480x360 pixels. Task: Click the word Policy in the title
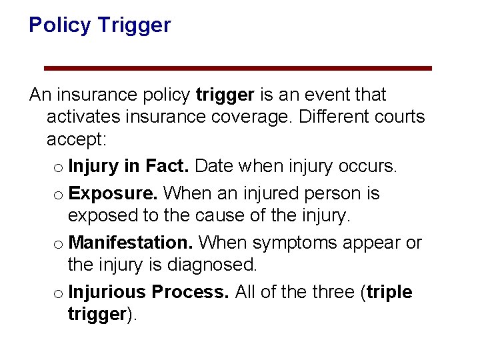(60, 25)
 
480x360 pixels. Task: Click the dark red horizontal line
(238, 68)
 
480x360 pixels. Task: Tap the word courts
(399, 117)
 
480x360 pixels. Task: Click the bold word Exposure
(113, 193)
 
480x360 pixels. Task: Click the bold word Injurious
(107, 292)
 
